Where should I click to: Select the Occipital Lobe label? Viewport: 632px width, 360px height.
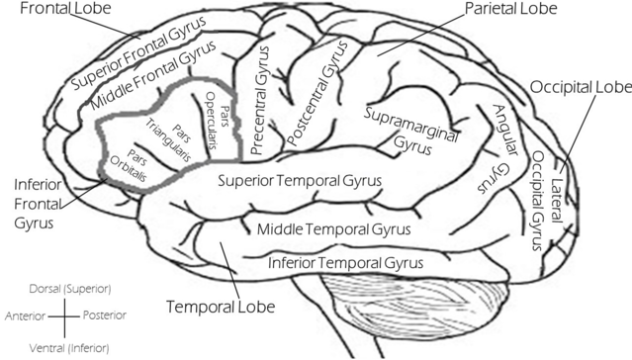[578, 87]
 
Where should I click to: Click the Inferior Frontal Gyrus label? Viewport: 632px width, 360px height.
[38, 204]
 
